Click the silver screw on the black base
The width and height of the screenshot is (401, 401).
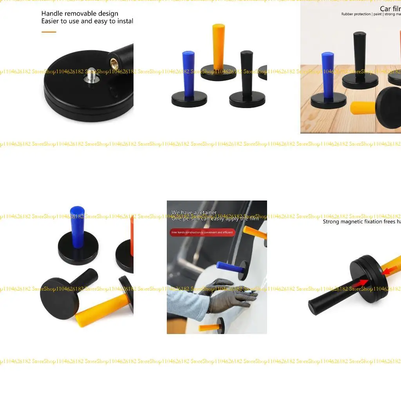tap(91, 76)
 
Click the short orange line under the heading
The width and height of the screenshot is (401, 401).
tap(49, 32)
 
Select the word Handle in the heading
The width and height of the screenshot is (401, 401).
tap(52, 14)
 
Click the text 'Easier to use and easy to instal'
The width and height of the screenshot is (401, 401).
tap(87, 21)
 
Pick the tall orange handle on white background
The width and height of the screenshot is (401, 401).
tap(218, 45)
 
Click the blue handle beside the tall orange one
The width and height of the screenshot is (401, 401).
tap(188, 74)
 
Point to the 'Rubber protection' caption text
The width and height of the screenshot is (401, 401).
tap(356, 14)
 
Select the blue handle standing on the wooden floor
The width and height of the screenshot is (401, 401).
tap(327, 74)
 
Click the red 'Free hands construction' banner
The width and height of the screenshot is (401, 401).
tap(202, 233)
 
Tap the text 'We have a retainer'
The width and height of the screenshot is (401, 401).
tap(194, 213)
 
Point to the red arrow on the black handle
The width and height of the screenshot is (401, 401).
tap(361, 282)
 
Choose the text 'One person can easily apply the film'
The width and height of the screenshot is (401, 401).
tap(215, 219)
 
